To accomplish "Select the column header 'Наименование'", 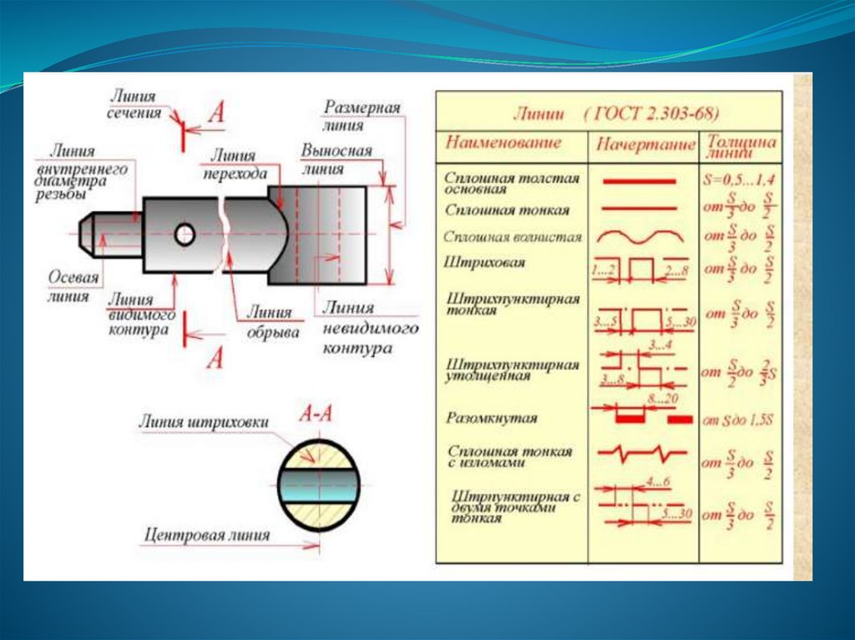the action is pos(503,143).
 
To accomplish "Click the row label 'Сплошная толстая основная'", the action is pos(511,183).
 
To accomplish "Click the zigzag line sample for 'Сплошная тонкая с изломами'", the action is pos(641,455).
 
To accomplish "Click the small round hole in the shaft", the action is pos(185,235).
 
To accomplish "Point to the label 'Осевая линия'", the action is pos(73,286).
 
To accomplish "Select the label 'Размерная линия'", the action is pos(362,117).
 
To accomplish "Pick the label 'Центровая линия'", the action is pos(207,535).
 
